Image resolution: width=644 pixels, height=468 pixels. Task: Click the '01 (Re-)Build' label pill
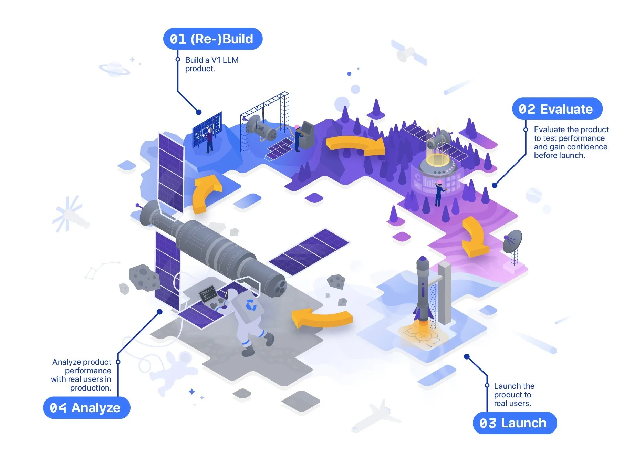(212, 39)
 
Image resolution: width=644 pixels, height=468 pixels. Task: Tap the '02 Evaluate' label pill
(557, 109)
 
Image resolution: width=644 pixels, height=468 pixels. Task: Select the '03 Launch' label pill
(515, 423)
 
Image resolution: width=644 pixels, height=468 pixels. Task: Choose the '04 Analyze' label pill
(86, 408)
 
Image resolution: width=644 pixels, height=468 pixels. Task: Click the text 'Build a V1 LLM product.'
(211, 64)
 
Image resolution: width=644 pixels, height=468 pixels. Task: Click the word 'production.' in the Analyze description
(91, 388)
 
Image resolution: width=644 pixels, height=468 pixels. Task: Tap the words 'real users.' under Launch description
(512, 404)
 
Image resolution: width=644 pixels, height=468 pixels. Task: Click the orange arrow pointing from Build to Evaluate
(356, 145)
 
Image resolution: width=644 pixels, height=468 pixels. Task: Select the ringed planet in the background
(114, 69)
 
